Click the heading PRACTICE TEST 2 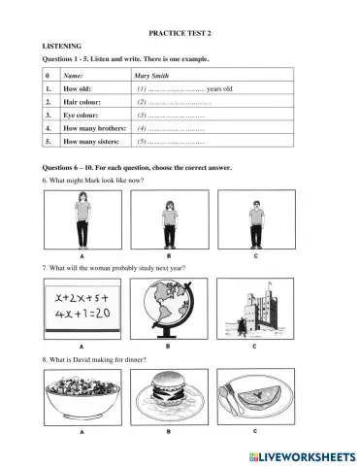click(x=180, y=33)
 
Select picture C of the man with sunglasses click(x=256, y=219)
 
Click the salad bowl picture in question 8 click(x=82, y=395)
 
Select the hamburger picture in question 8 click(x=168, y=396)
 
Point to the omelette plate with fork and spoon click(x=254, y=396)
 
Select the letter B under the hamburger click(x=168, y=428)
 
